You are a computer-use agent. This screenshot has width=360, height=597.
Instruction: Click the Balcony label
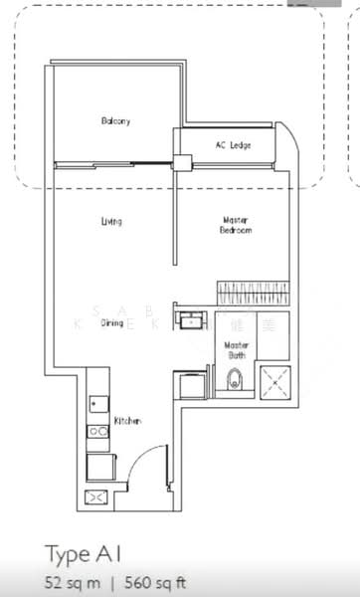[115, 121]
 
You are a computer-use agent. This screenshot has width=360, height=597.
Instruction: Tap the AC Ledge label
[233, 145]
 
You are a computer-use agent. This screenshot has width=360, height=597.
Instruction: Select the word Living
[111, 221]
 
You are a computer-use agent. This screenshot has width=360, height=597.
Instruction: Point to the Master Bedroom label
[236, 225]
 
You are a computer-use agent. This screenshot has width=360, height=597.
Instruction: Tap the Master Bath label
[237, 349]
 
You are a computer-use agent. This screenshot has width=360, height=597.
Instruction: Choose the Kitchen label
[127, 421]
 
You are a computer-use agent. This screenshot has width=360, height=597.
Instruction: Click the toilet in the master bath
[235, 378]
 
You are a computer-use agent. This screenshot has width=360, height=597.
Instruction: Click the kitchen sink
[96, 404]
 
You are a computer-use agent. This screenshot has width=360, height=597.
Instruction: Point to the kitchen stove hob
[97, 433]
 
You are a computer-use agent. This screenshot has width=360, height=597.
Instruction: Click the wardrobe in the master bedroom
[252, 292]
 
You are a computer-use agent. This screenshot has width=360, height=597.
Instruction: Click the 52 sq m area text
[68, 582]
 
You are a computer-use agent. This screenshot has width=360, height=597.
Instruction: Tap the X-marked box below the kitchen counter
[98, 497]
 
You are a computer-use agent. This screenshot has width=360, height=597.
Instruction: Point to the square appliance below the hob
[99, 466]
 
